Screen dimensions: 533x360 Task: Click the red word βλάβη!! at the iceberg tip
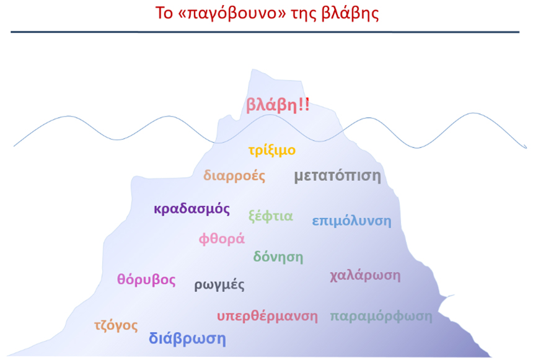click(278, 105)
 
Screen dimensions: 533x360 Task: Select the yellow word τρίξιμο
click(272, 150)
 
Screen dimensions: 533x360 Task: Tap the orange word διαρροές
click(234, 176)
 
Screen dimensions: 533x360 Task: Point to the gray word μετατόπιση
click(338, 176)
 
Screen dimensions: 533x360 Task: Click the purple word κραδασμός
click(192, 209)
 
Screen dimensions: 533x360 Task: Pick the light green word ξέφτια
click(271, 216)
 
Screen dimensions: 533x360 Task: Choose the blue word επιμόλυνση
click(352, 221)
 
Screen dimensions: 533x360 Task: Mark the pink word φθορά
click(222, 239)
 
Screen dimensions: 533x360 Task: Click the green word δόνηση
click(278, 257)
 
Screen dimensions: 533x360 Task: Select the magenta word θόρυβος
click(146, 280)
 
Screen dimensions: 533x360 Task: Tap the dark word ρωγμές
click(219, 285)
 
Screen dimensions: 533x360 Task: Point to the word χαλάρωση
click(365, 275)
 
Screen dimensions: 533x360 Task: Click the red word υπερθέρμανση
click(268, 316)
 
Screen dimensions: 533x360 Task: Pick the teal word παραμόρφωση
click(381, 316)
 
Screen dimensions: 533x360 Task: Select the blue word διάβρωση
click(187, 338)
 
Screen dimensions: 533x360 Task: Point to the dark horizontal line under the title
click(265, 32)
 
